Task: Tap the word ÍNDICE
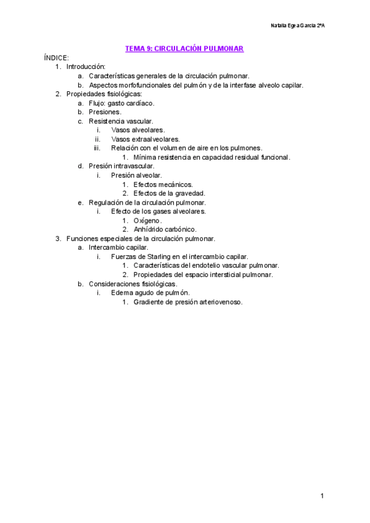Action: click(56, 57)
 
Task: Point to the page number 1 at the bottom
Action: click(322, 496)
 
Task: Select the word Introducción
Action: click(86, 67)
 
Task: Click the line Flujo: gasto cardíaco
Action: click(121, 103)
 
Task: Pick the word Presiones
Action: click(105, 112)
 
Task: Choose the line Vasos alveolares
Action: click(138, 130)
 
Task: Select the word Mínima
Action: click(146, 157)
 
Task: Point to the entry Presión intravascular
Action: click(121, 166)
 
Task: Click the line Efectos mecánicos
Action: click(163, 184)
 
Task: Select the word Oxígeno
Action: click(147, 220)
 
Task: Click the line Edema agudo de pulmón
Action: click(150, 293)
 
